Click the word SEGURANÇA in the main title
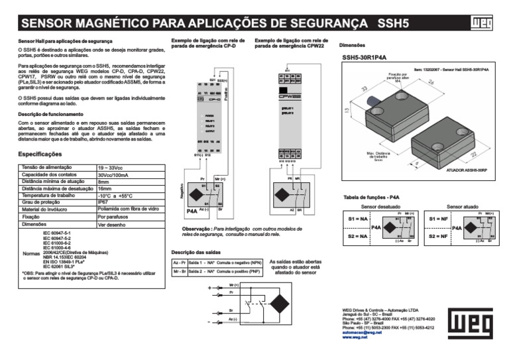click(x=317, y=25)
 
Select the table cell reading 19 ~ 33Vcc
click(x=111, y=167)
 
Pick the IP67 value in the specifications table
click(x=103, y=203)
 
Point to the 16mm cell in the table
click(x=105, y=188)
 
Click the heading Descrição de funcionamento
click(x=50, y=115)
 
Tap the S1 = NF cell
click(x=439, y=219)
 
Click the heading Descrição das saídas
click(x=196, y=252)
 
